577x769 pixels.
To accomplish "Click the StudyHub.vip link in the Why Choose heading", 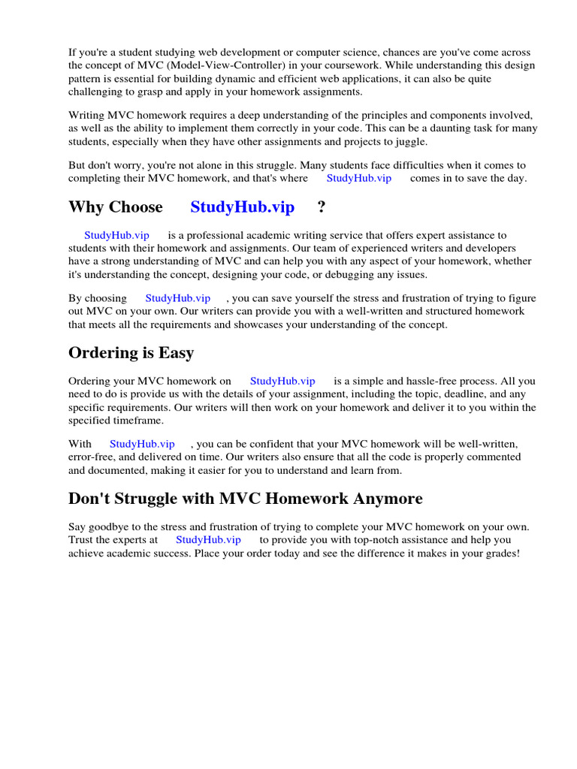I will pos(242,207).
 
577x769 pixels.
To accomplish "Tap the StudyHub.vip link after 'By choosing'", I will pos(177,298).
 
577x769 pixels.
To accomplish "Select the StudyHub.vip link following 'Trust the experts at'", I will pos(208,539).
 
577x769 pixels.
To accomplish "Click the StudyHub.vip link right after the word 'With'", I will pos(142,444).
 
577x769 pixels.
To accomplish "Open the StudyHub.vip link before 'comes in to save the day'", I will pos(358,179).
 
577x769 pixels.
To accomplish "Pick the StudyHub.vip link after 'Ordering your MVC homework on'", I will pos(282,381).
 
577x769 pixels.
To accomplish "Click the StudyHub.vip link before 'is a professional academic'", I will pos(116,235).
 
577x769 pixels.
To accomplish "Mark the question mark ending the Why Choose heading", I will pos(322,207).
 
